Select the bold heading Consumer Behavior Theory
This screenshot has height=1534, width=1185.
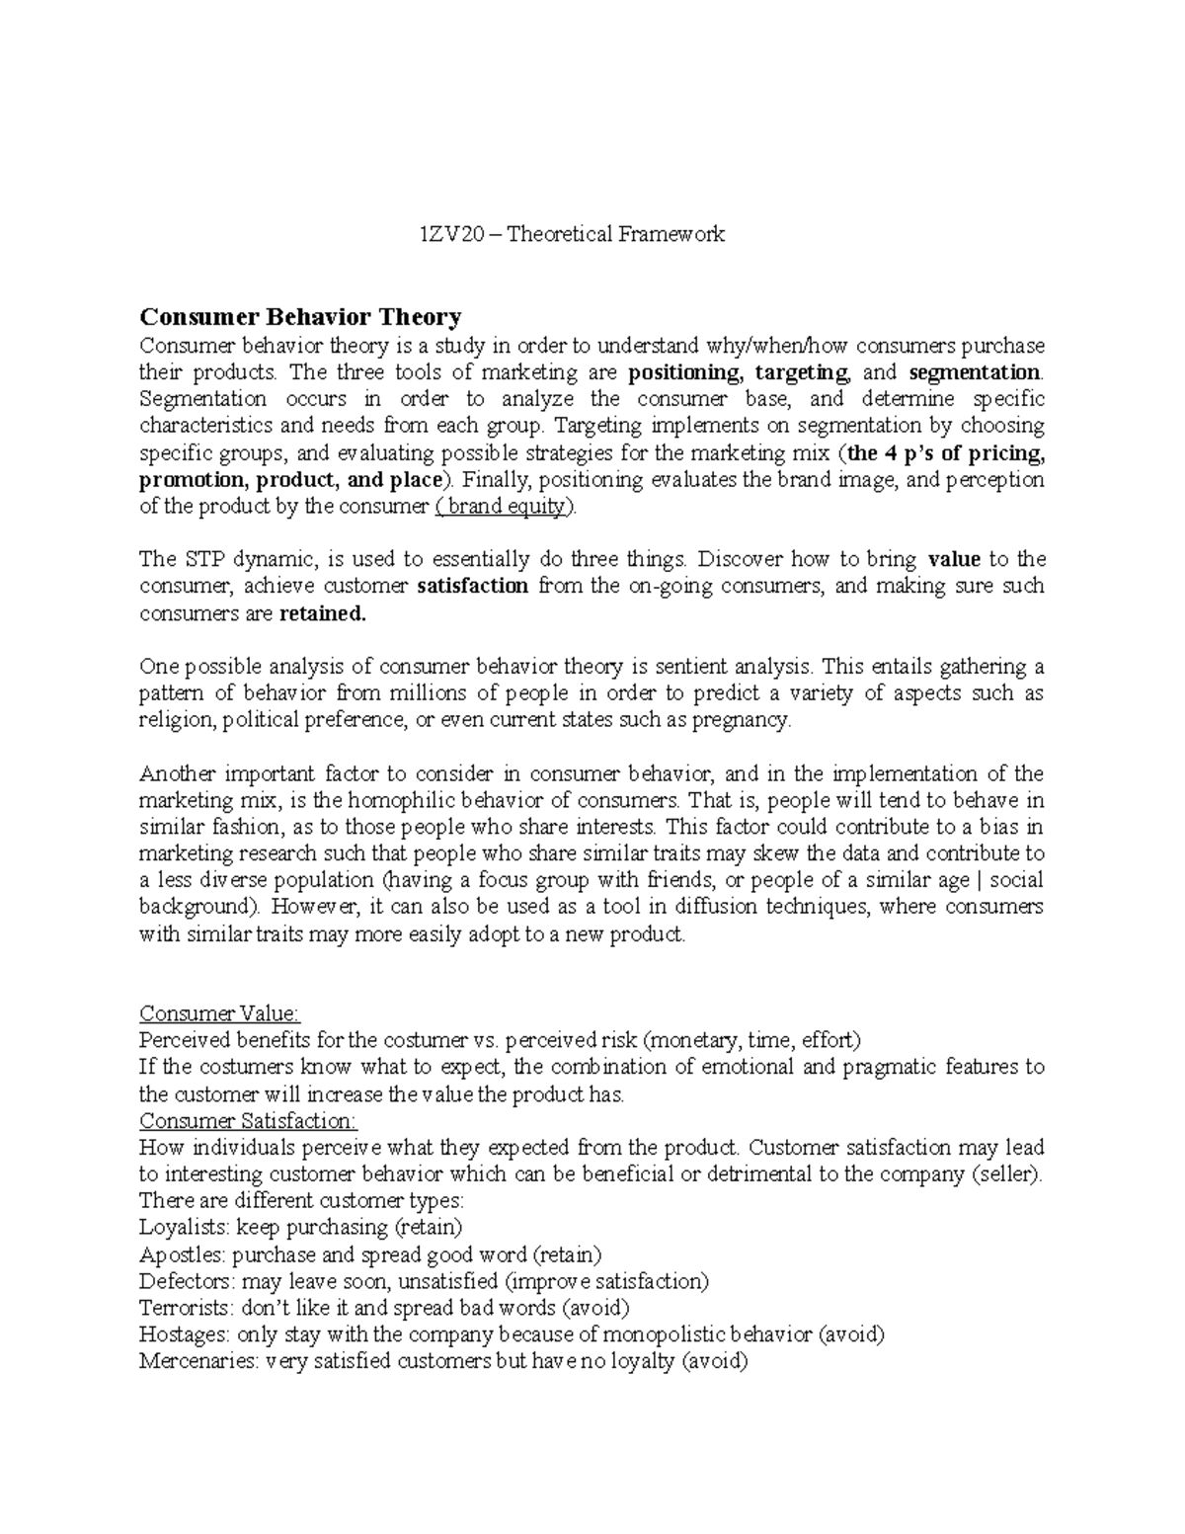click(x=299, y=317)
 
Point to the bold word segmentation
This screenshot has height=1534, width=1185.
click(x=974, y=373)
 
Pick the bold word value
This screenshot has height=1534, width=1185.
click(x=954, y=559)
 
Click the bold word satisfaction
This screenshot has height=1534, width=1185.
click(x=473, y=586)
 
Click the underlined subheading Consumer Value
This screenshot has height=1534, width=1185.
click(x=219, y=1013)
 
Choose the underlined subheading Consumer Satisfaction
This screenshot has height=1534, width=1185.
click(x=248, y=1121)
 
